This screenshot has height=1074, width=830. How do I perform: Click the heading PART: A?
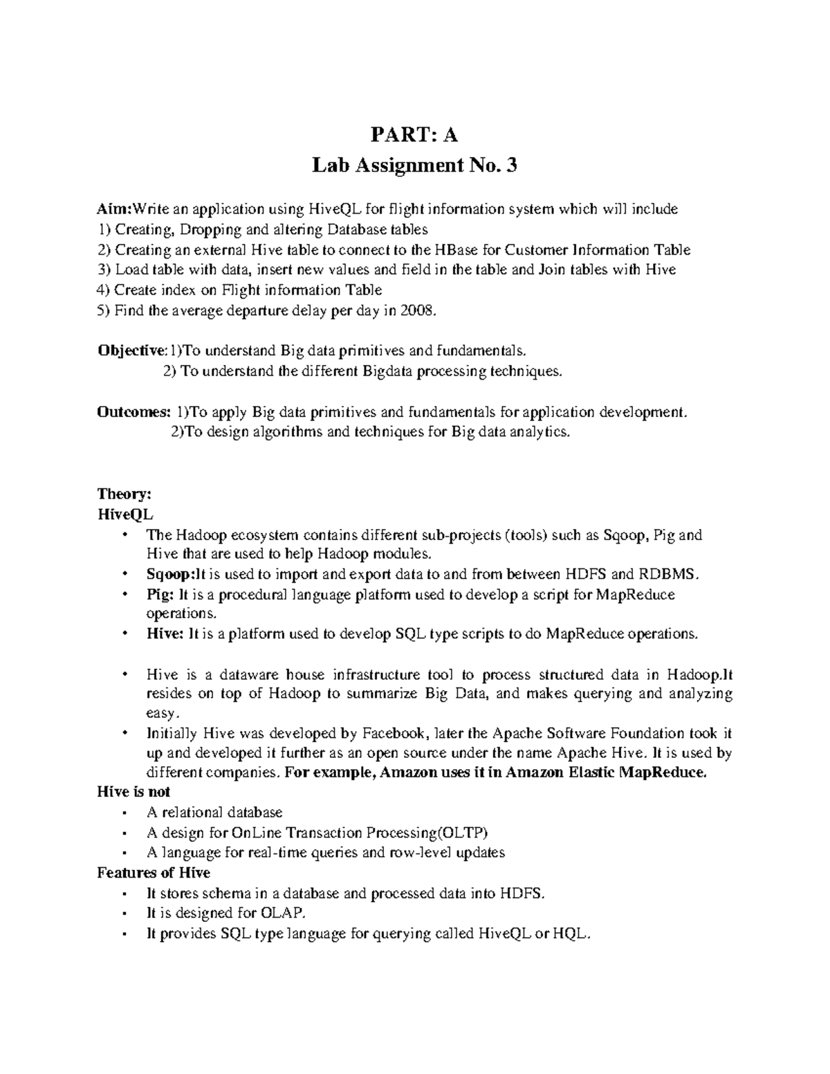[414, 135]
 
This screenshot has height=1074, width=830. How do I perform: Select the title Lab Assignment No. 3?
[414, 166]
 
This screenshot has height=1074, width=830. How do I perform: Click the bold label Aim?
[114, 209]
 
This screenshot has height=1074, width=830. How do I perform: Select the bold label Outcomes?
[133, 412]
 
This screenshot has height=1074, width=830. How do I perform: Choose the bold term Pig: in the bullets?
[159, 595]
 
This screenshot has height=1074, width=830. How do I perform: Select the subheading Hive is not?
[133, 792]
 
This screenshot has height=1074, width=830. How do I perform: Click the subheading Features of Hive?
[154, 873]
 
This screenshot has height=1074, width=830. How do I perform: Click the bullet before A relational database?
[124, 813]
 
